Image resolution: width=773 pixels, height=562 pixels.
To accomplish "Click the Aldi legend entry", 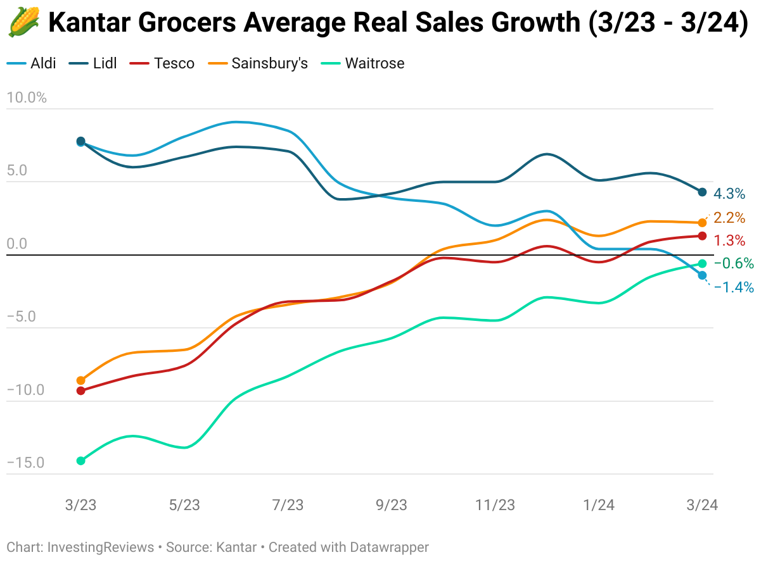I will [x=32, y=63].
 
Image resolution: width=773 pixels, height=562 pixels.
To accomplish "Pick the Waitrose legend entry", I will [x=364, y=63].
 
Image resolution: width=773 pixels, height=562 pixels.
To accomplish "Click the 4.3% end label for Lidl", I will [x=729, y=194].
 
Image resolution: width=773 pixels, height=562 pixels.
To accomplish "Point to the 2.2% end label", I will [x=729, y=218].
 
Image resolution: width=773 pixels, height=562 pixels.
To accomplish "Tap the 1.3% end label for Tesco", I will [x=729, y=240].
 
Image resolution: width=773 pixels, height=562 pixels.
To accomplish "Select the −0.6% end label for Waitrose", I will [x=734, y=263].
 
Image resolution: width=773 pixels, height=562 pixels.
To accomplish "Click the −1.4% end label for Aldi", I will [x=734, y=287].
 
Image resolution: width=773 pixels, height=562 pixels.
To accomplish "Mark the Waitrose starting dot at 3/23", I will [x=80, y=461].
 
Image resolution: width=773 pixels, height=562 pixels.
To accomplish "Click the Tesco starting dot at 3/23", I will [x=80, y=390].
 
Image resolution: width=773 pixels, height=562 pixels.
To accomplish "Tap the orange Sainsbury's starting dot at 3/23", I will [x=80, y=380].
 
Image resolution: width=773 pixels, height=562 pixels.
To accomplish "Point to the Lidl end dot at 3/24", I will [x=702, y=192].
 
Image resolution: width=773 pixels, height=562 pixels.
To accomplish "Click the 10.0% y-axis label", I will [x=26, y=97].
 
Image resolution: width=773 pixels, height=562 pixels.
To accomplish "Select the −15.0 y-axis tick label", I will [x=26, y=463].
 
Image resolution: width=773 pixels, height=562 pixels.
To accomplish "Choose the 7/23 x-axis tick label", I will [x=288, y=505].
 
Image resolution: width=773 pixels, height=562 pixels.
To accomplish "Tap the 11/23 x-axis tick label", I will [x=495, y=505].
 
